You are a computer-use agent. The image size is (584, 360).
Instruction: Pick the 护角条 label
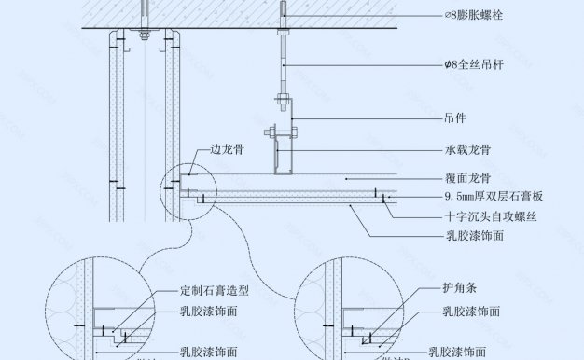(452, 290)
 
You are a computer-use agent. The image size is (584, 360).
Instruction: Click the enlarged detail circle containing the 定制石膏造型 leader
(103, 308)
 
